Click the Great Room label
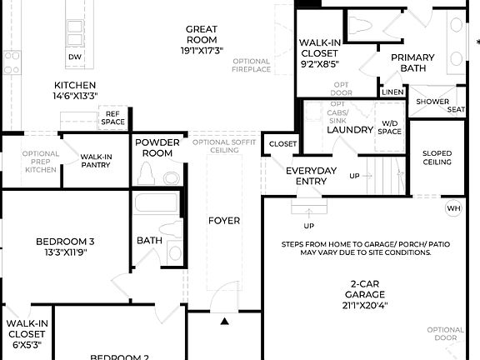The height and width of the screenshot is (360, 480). (x=202, y=39)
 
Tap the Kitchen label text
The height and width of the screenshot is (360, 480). (x=75, y=90)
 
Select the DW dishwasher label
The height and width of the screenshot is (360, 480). (x=75, y=57)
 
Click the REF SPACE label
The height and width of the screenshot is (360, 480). (x=113, y=117)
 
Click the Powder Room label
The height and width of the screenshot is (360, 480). (x=157, y=147)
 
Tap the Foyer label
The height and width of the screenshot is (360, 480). (x=224, y=221)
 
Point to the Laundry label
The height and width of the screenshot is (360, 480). (x=349, y=130)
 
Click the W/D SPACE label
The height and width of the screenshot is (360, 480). (x=388, y=127)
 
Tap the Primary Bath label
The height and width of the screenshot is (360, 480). (x=412, y=63)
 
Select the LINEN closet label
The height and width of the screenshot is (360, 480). (x=392, y=92)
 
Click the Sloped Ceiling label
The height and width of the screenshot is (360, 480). (x=437, y=158)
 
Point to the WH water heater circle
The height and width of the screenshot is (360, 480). (x=453, y=208)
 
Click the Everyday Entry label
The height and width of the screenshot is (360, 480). (x=311, y=176)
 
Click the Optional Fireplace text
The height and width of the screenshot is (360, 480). (x=251, y=65)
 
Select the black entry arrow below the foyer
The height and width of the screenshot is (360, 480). (x=224, y=320)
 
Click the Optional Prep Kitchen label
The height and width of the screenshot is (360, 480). (x=40, y=161)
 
